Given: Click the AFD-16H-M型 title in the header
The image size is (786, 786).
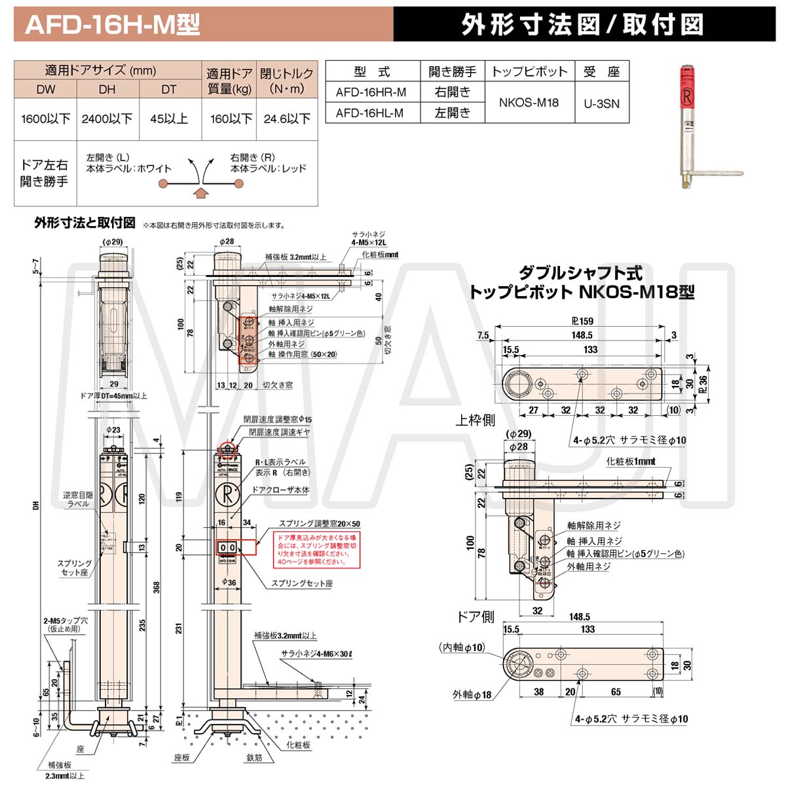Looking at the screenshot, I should coord(112,25).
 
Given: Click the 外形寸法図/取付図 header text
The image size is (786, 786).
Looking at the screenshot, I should coord(582,25).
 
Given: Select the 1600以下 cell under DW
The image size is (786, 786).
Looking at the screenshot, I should coord(45,119).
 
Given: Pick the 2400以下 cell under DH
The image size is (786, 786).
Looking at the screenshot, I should coord(107,119).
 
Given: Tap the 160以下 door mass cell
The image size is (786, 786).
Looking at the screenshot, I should coord(231,119).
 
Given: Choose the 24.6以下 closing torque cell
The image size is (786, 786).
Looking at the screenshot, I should coord(287,119).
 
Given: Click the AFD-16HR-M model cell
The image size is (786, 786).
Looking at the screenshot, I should coord(371,92).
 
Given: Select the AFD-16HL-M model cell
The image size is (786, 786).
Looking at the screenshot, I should coord(371,113).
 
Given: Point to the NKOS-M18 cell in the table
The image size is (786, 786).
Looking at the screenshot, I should coord(529,103).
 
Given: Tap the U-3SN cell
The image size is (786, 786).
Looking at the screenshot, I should coord(601,103).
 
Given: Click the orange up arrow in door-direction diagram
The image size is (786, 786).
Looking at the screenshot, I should coord(202,192).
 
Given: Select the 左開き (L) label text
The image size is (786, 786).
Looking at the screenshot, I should coord(107,157).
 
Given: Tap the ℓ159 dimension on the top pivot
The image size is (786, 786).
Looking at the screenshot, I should coord(582,321).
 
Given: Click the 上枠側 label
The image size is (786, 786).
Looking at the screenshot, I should coord(475,420).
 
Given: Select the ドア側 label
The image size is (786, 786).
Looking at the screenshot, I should coord(475,616).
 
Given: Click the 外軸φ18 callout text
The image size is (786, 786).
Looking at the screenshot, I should coord(472,694).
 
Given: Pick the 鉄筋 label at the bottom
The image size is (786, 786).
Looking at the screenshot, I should coord(255,757).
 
